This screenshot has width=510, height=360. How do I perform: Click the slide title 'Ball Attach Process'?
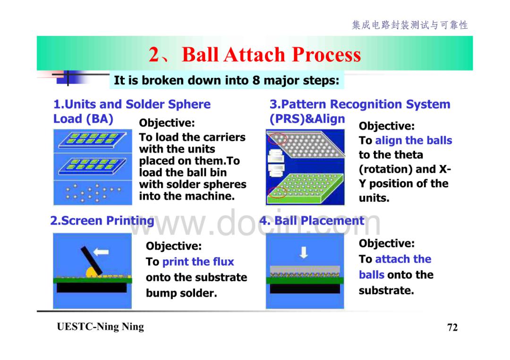(271, 54)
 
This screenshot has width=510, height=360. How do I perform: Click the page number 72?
(452, 327)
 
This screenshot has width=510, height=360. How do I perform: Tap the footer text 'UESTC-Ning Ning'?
(100, 327)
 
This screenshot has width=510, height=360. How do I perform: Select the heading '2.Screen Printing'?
(102, 221)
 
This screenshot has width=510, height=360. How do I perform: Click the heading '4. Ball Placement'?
(312, 221)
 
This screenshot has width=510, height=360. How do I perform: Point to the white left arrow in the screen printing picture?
(101, 252)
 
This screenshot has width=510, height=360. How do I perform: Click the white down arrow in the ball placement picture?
(304, 252)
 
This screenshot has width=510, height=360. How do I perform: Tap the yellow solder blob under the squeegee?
(92, 273)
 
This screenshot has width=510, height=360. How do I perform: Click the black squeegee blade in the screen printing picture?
(92, 260)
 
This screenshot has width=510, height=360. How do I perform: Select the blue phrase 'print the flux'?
(198, 262)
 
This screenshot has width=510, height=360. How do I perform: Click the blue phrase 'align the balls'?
(413, 140)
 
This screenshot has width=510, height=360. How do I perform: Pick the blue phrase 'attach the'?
(403, 259)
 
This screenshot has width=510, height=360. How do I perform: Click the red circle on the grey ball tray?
(277, 139)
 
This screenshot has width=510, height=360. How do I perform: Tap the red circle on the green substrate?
(276, 192)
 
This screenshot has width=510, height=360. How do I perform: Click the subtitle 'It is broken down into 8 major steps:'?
(226, 80)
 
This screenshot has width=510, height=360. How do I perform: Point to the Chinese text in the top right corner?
(410, 25)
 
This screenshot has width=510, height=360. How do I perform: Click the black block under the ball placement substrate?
(305, 289)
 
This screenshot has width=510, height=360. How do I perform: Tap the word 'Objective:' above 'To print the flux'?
(174, 246)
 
